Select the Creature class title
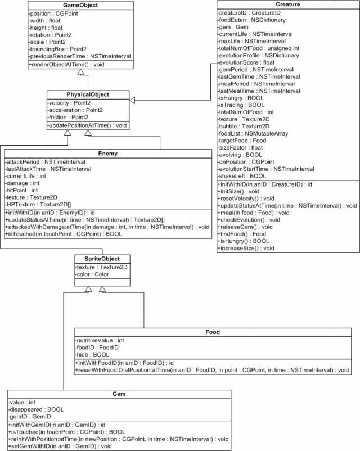pyautogui.click(x=287, y=4)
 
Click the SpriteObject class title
pyautogui.click(x=97, y=258)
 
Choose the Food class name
pyautogui.click(x=212, y=332)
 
